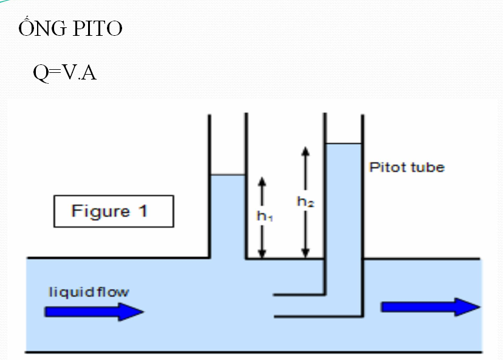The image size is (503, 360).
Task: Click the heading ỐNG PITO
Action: [x=70, y=29]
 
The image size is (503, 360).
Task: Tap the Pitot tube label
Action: [x=407, y=167]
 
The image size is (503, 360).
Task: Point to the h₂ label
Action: [x=305, y=203]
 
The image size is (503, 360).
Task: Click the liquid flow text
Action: [x=89, y=292]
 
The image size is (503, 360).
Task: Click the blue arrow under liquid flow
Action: [x=94, y=311]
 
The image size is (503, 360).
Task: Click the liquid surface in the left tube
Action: [x=227, y=175]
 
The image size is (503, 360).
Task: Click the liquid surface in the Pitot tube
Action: [x=343, y=144]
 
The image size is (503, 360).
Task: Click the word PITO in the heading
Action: [x=98, y=29]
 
